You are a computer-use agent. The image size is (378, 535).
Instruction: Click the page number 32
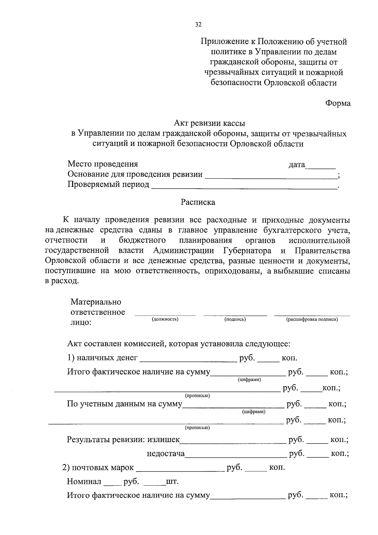click(198, 25)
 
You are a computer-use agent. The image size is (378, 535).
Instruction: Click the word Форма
click(338, 103)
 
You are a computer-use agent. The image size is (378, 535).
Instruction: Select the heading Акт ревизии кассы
click(209, 123)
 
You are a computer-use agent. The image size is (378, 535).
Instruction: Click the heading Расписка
click(198, 202)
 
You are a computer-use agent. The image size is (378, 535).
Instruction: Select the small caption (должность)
click(165, 319)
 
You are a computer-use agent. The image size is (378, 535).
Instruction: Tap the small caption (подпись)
click(235, 319)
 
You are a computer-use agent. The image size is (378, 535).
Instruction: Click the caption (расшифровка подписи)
click(312, 319)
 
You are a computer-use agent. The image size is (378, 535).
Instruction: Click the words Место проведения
click(103, 164)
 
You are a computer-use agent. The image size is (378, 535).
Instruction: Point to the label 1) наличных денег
click(102, 358)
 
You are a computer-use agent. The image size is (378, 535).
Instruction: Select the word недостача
click(166, 454)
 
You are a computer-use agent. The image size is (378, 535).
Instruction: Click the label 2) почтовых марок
click(98, 468)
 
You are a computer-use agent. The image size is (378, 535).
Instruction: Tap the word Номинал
click(84, 482)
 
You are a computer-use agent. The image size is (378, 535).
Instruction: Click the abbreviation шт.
click(172, 482)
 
